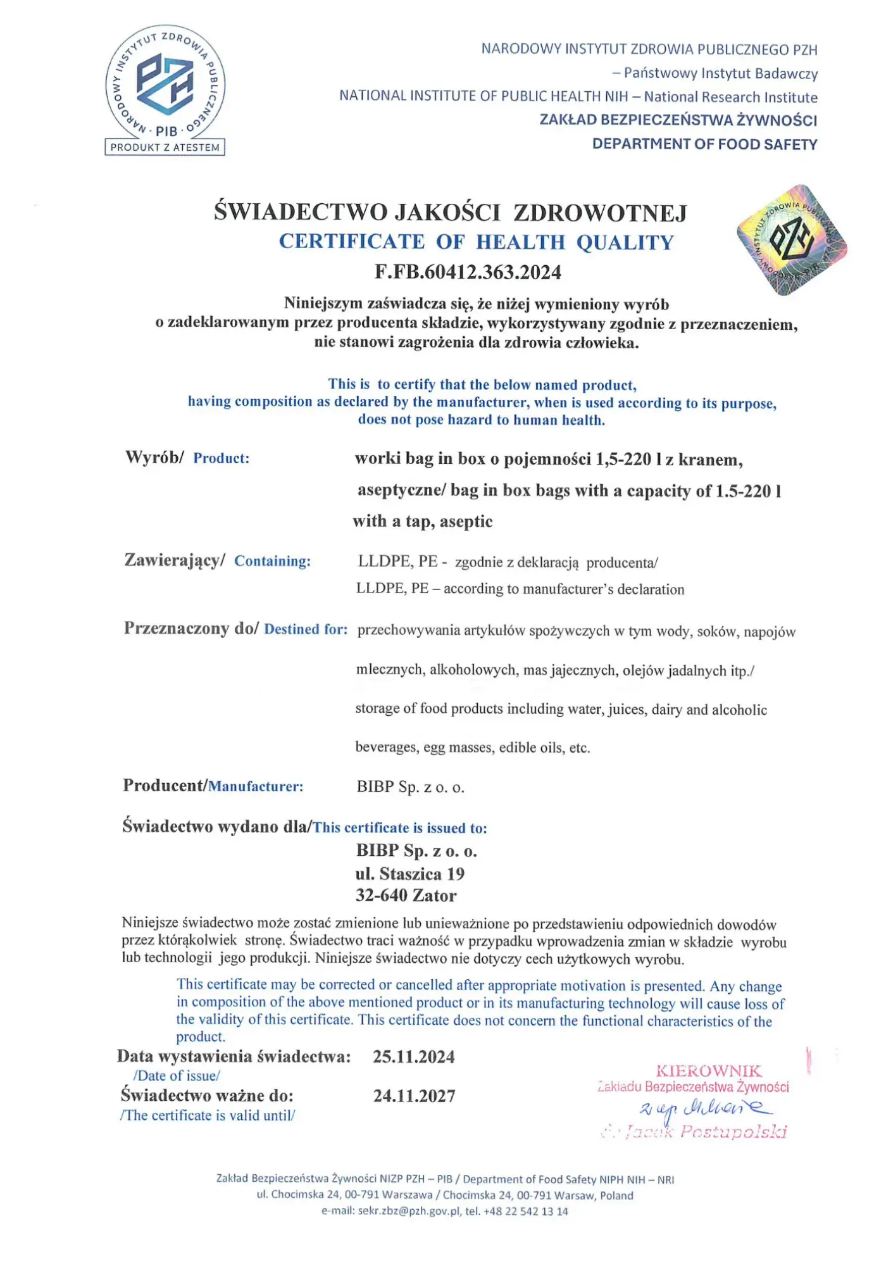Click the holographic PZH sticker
[792, 240]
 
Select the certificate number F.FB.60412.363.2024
[468, 272]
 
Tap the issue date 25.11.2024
[413, 1056]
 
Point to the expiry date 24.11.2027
[414, 1096]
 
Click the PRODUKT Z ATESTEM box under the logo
[165, 147]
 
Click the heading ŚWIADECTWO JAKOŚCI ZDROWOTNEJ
[450, 212]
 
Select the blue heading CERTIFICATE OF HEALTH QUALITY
[477, 242]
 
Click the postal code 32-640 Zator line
[406, 895]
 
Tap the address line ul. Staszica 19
[409, 874]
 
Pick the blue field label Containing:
[272, 561]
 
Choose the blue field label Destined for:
[306, 629]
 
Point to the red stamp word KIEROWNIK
[709, 1071]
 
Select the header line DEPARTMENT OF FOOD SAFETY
[704, 144]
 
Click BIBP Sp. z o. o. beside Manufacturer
[410, 787]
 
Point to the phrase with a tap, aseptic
[422, 522]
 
